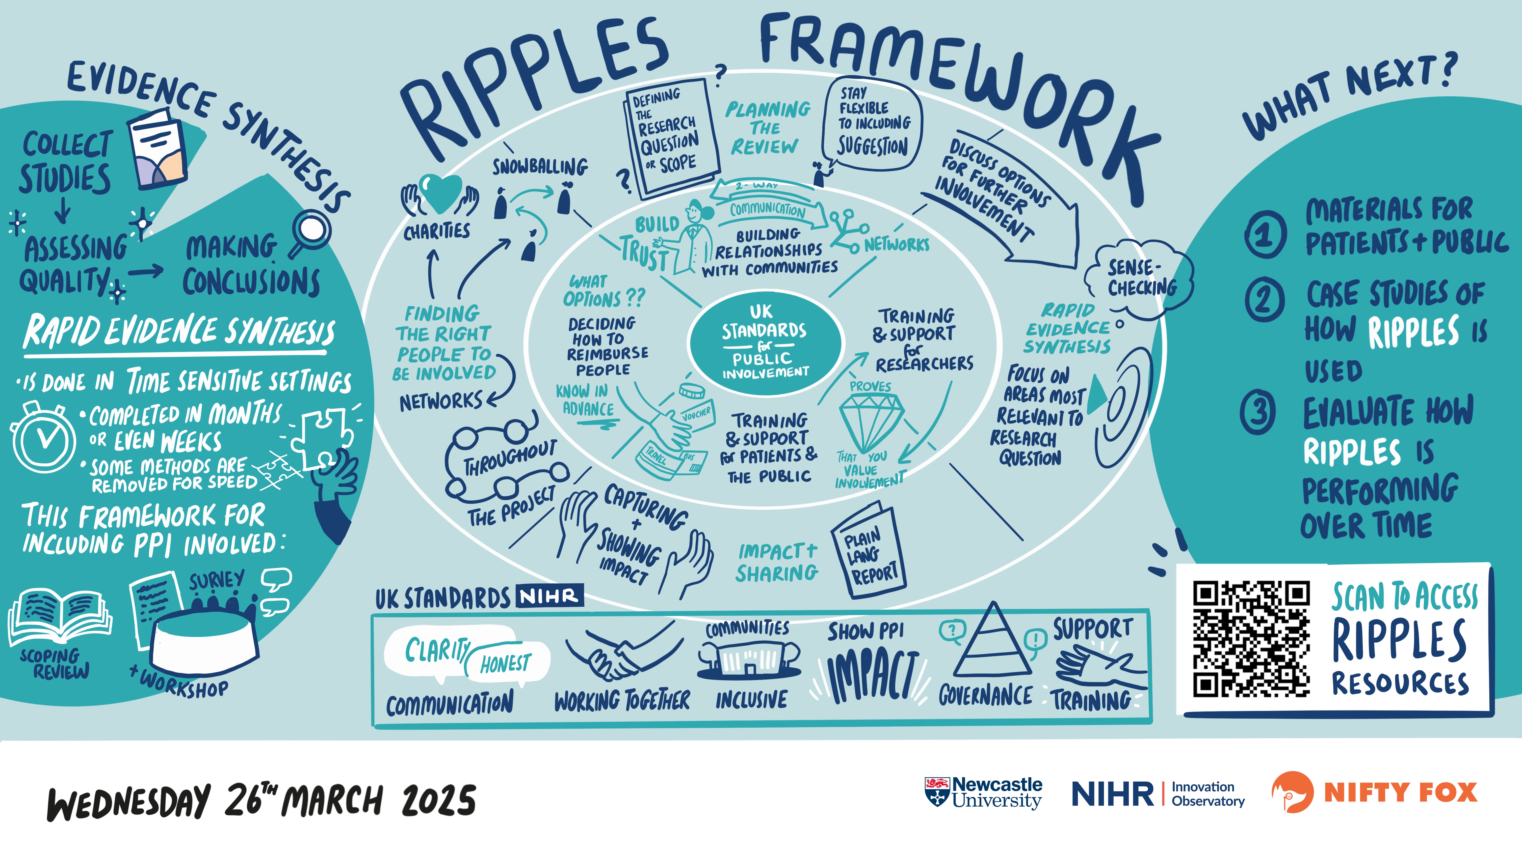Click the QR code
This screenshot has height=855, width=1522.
[x=1251, y=639]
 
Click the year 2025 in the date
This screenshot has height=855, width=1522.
[x=438, y=801]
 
